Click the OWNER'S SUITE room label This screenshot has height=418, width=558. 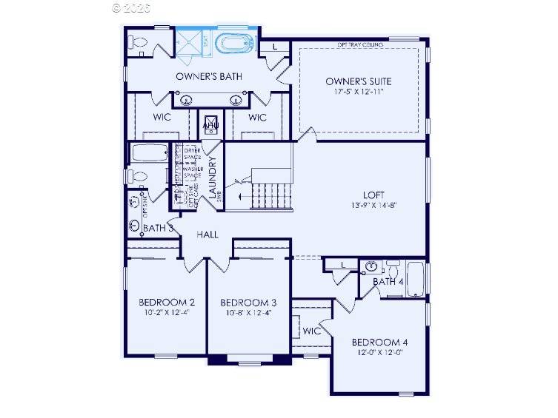click(x=359, y=81)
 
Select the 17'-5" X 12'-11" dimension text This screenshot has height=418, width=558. click(x=359, y=92)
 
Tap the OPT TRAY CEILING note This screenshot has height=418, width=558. click(x=361, y=44)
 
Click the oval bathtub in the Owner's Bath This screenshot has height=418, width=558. click(x=235, y=44)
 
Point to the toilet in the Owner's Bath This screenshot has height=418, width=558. click(x=138, y=44)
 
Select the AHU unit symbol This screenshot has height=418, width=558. click(x=210, y=124)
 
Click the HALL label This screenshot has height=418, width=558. click(x=207, y=234)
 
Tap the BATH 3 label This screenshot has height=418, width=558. click(x=158, y=228)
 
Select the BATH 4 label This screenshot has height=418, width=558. click(x=388, y=282)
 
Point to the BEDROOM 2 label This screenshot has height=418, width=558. click(x=167, y=302)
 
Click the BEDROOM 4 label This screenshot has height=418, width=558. click(x=379, y=342)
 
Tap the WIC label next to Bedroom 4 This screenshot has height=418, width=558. click(x=312, y=331)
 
